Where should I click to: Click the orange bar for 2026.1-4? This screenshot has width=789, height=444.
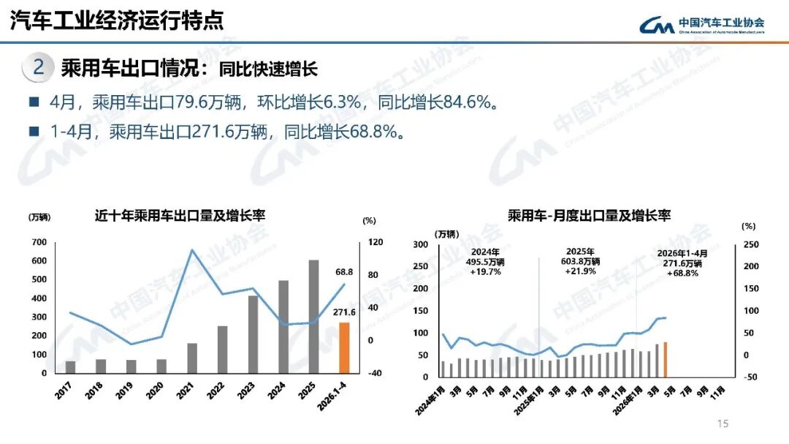coord(344,347)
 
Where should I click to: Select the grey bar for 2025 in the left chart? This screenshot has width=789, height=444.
coord(313,317)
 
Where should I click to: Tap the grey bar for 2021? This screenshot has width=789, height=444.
coord(192,358)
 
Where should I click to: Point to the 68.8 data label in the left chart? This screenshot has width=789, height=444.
coord(344,272)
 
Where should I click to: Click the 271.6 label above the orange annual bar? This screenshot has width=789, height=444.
coord(344,312)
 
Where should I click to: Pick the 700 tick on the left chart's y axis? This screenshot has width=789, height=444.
coord(39,242)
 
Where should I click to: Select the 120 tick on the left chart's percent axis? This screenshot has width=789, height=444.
coord(376,242)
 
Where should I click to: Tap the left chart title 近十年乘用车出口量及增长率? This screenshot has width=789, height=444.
coord(180,216)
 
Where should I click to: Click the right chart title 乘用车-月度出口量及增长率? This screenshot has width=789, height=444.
coord(590,216)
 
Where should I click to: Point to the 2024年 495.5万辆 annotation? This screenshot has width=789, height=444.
coord(485,262)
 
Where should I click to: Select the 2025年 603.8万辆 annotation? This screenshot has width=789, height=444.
coord(581,261)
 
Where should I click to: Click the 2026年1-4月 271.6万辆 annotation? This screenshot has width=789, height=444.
coord(682,263)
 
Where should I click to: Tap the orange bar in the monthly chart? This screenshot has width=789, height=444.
coord(666,360)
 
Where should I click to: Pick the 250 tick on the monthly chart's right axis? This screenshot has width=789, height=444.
coord(751,244)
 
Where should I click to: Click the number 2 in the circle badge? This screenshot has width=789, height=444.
coord(38,67)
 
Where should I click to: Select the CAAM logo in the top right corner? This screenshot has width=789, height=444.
coord(702,24)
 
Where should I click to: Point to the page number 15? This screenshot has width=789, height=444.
coord(723,424)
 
